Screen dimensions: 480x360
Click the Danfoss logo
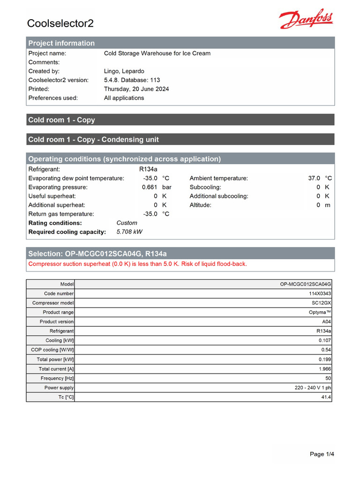306,20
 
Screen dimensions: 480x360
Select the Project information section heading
61,43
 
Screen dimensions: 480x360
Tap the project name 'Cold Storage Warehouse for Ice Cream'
157,53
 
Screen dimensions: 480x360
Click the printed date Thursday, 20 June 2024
136,89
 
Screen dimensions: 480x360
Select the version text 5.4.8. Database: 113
132,80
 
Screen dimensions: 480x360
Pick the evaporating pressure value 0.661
150,187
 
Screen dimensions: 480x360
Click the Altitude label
200,205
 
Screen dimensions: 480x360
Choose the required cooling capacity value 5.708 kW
129,232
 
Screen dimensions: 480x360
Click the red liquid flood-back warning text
137,264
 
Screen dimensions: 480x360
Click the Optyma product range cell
320,312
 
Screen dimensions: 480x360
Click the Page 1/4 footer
322,454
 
